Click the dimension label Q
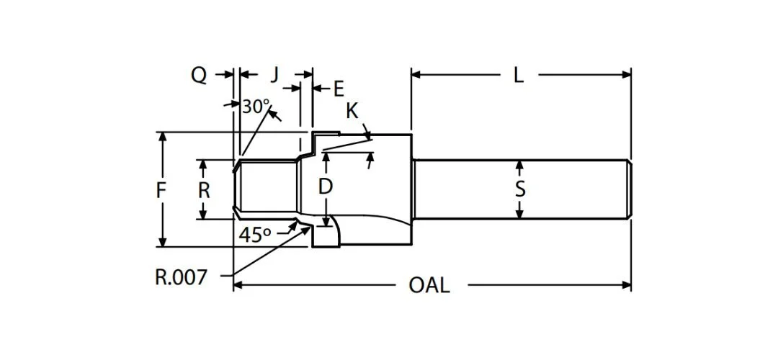pyautogui.click(x=199, y=74)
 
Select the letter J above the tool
pyautogui.click(x=274, y=74)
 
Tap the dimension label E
pyautogui.click(x=338, y=89)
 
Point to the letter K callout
pyautogui.click(x=352, y=111)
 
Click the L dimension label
pyautogui.click(x=519, y=74)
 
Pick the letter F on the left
pyautogui.click(x=162, y=190)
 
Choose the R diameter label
pyautogui.click(x=204, y=190)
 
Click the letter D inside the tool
pyautogui.click(x=326, y=186)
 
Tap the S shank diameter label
pyautogui.click(x=520, y=189)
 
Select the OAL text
pyautogui.click(x=429, y=285)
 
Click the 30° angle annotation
pyautogui.click(x=255, y=107)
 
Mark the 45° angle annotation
pyautogui.click(x=255, y=235)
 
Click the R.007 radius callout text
pyautogui.click(x=181, y=276)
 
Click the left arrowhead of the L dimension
pyautogui.click(x=416, y=74)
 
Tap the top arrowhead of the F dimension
pyautogui.click(x=163, y=137)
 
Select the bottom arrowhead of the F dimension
pyautogui.click(x=163, y=242)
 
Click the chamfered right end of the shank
pyautogui.click(x=629, y=189)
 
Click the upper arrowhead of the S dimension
pyautogui.click(x=520, y=165)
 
